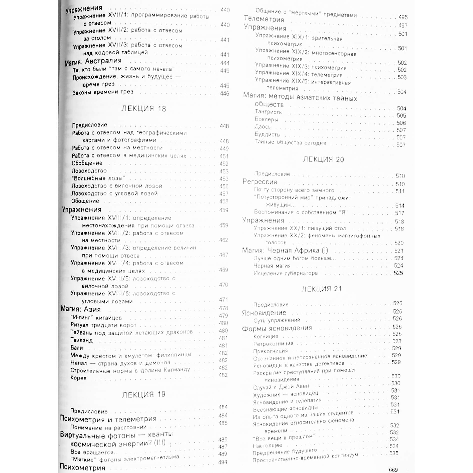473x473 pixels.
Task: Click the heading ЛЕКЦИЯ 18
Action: (x=144, y=109)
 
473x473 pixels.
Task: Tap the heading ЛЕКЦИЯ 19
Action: (x=144, y=395)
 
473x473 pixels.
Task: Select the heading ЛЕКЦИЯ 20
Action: (x=323, y=159)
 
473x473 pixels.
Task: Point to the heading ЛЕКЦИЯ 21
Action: (x=321, y=289)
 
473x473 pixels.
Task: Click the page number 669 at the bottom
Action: (x=393, y=470)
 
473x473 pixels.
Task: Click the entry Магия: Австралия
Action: (x=93, y=62)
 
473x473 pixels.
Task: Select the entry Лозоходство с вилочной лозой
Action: (x=117, y=186)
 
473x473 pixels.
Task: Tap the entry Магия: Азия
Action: (x=81, y=309)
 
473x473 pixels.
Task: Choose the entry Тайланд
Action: (x=82, y=340)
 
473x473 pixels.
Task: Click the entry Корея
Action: (x=79, y=378)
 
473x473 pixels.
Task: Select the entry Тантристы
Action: (x=269, y=112)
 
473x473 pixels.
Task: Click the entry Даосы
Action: (x=263, y=127)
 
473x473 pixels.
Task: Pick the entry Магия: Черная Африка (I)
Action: (x=285, y=251)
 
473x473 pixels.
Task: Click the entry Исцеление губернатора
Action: (x=286, y=273)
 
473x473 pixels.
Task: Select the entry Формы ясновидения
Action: (x=277, y=328)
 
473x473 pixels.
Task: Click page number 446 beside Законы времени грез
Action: (x=224, y=94)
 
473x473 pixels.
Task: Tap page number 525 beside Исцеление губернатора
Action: (x=398, y=273)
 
